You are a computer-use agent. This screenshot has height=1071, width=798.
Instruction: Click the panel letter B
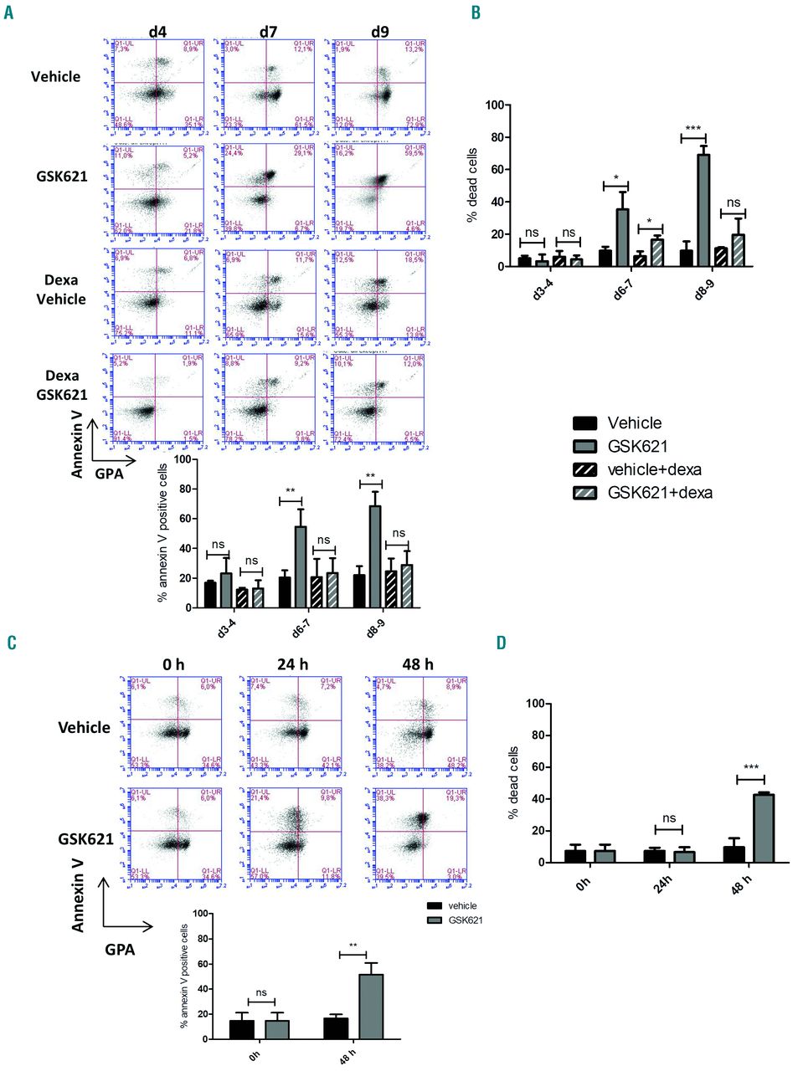tap(476, 13)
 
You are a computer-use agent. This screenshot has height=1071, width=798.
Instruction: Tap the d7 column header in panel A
tap(268, 32)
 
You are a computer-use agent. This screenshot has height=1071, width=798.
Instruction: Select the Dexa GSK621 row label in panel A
tap(61, 385)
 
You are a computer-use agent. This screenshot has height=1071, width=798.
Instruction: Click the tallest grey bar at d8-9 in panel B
tap(703, 210)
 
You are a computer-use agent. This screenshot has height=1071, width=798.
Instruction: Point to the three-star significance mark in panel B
tap(692, 129)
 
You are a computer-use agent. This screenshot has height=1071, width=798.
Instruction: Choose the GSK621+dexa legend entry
tap(660, 493)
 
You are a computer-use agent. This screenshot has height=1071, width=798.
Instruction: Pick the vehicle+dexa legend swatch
tap(584, 469)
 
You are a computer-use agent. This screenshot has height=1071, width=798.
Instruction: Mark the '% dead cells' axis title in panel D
tap(514, 782)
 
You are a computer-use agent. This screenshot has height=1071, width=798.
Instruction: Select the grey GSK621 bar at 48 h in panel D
tap(763, 828)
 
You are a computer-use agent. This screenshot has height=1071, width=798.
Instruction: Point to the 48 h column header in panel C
tap(417, 664)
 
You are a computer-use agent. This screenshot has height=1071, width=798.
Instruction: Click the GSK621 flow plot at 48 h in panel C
tap(420, 834)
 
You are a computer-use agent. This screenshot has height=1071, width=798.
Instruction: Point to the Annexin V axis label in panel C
tap(79, 892)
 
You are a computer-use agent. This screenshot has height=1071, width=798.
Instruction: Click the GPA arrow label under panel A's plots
tap(109, 474)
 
